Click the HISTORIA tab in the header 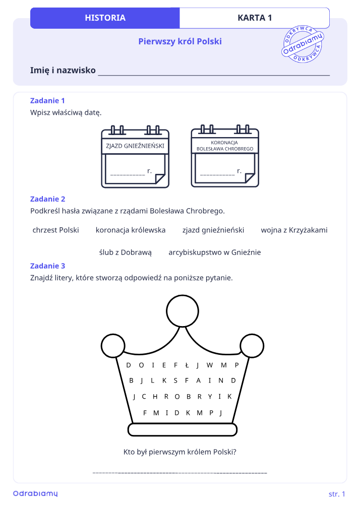(x=105, y=18)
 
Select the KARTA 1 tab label (x=255, y=18)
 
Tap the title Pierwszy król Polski (x=180, y=41)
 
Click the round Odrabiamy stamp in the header (x=303, y=44)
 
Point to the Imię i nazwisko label (x=63, y=70)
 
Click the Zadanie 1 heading (x=47, y=101)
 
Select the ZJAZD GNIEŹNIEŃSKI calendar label (x=135, y=146)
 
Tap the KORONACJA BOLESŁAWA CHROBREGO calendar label (x=225, y=146)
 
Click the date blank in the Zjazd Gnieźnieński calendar (x=128, y=174)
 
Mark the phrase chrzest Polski (x=55, y=230)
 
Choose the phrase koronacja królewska (x=131, y=230)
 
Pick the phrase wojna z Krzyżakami (x=294, y=230)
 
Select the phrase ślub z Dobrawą (x=126, y=252)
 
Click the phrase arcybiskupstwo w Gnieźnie (x=214, y=252)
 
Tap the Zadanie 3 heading (x=47, y=266)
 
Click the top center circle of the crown (x=183, y=310)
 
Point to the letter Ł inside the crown (x=187, y=365)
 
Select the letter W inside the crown (x=210, y=365)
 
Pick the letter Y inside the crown (x=210, y=396)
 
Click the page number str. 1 (x=337, y=494)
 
